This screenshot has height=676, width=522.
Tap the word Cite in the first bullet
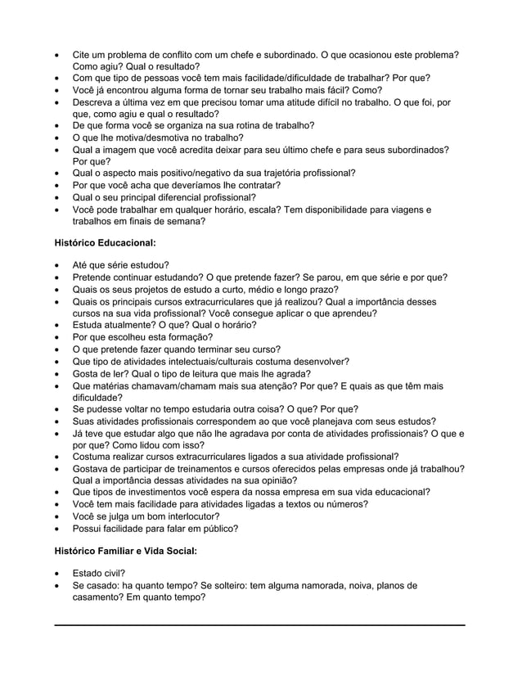(83, 54)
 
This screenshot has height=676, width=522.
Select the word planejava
(333, 421)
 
